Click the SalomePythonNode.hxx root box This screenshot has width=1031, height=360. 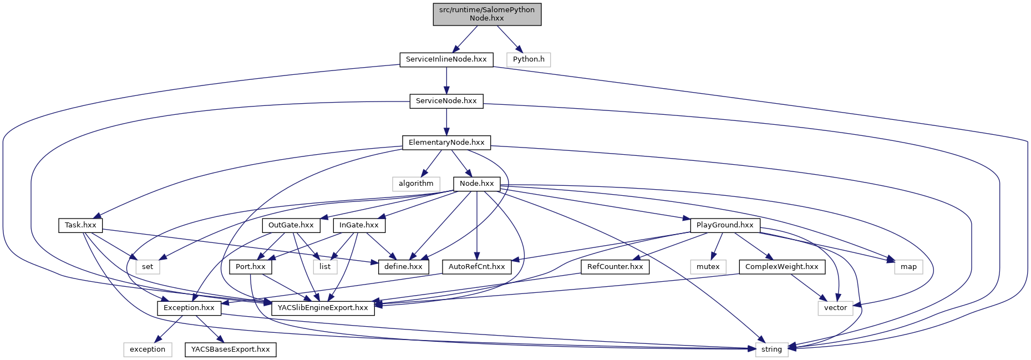(x=487, y=14)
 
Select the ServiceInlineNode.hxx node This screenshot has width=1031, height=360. (x=446, y=59)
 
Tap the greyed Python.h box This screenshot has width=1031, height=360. (x=529, y=59)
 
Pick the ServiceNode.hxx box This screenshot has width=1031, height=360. (x=446, y=101)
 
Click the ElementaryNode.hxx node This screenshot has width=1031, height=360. (x=446, y=143)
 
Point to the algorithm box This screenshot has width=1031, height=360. (x=416, y=184)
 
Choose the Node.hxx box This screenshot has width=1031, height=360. (x=476, y=184)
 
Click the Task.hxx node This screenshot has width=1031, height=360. (x=80, y=225)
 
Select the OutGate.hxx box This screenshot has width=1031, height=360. (x=291, y=225)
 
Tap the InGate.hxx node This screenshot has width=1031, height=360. (x=359, y=225)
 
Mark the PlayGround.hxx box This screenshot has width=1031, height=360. (x=725, y=225)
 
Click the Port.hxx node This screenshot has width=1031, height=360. (x=250, y=267)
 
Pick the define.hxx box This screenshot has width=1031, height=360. (x=403, y=267)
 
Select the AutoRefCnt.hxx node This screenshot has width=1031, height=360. (x=476, y=267)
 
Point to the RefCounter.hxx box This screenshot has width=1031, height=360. (x=614, y=267)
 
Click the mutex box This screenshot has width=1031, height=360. (x=708, y=267)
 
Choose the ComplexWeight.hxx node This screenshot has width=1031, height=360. (x=781, y=267)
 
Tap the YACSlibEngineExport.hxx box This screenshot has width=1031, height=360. (x=323, y=308)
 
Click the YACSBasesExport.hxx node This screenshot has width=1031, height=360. (x=230, y=349)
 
